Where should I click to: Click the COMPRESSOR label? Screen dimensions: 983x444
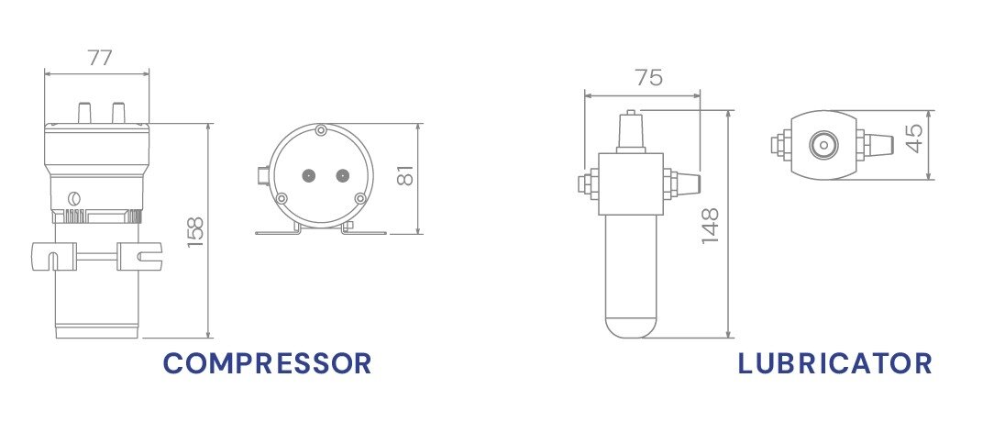(267, 363)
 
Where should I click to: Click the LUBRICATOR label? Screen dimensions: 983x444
(834, 363)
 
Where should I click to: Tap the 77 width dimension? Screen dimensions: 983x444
(100, 57)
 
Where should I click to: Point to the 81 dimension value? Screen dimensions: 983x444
(405, 175)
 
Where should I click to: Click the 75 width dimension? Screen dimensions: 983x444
(649, 78)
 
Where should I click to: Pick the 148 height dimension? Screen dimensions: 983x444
(710, 225)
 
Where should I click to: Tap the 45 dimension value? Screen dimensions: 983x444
(915, 138)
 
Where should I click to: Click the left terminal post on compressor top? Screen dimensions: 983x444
(83, 113)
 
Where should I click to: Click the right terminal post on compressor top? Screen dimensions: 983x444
(117, 113)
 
